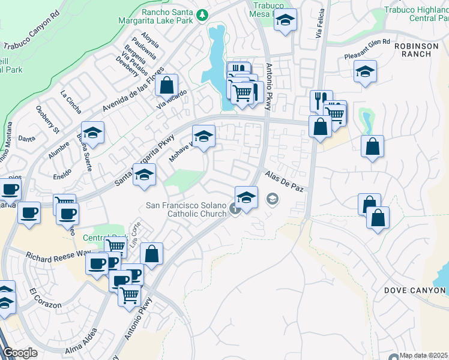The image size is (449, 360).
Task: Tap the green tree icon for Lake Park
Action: tap(204, 13)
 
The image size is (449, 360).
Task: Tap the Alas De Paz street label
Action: tap(285, 181)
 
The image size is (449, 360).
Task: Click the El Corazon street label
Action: tap(44, 298)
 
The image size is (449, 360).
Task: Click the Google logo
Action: tap(20, 353)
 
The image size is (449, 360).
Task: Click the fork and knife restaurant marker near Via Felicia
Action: tap(321, 100)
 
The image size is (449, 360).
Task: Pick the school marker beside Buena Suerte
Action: tap(93, 133)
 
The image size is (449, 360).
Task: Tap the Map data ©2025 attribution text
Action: tap(423, 355)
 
